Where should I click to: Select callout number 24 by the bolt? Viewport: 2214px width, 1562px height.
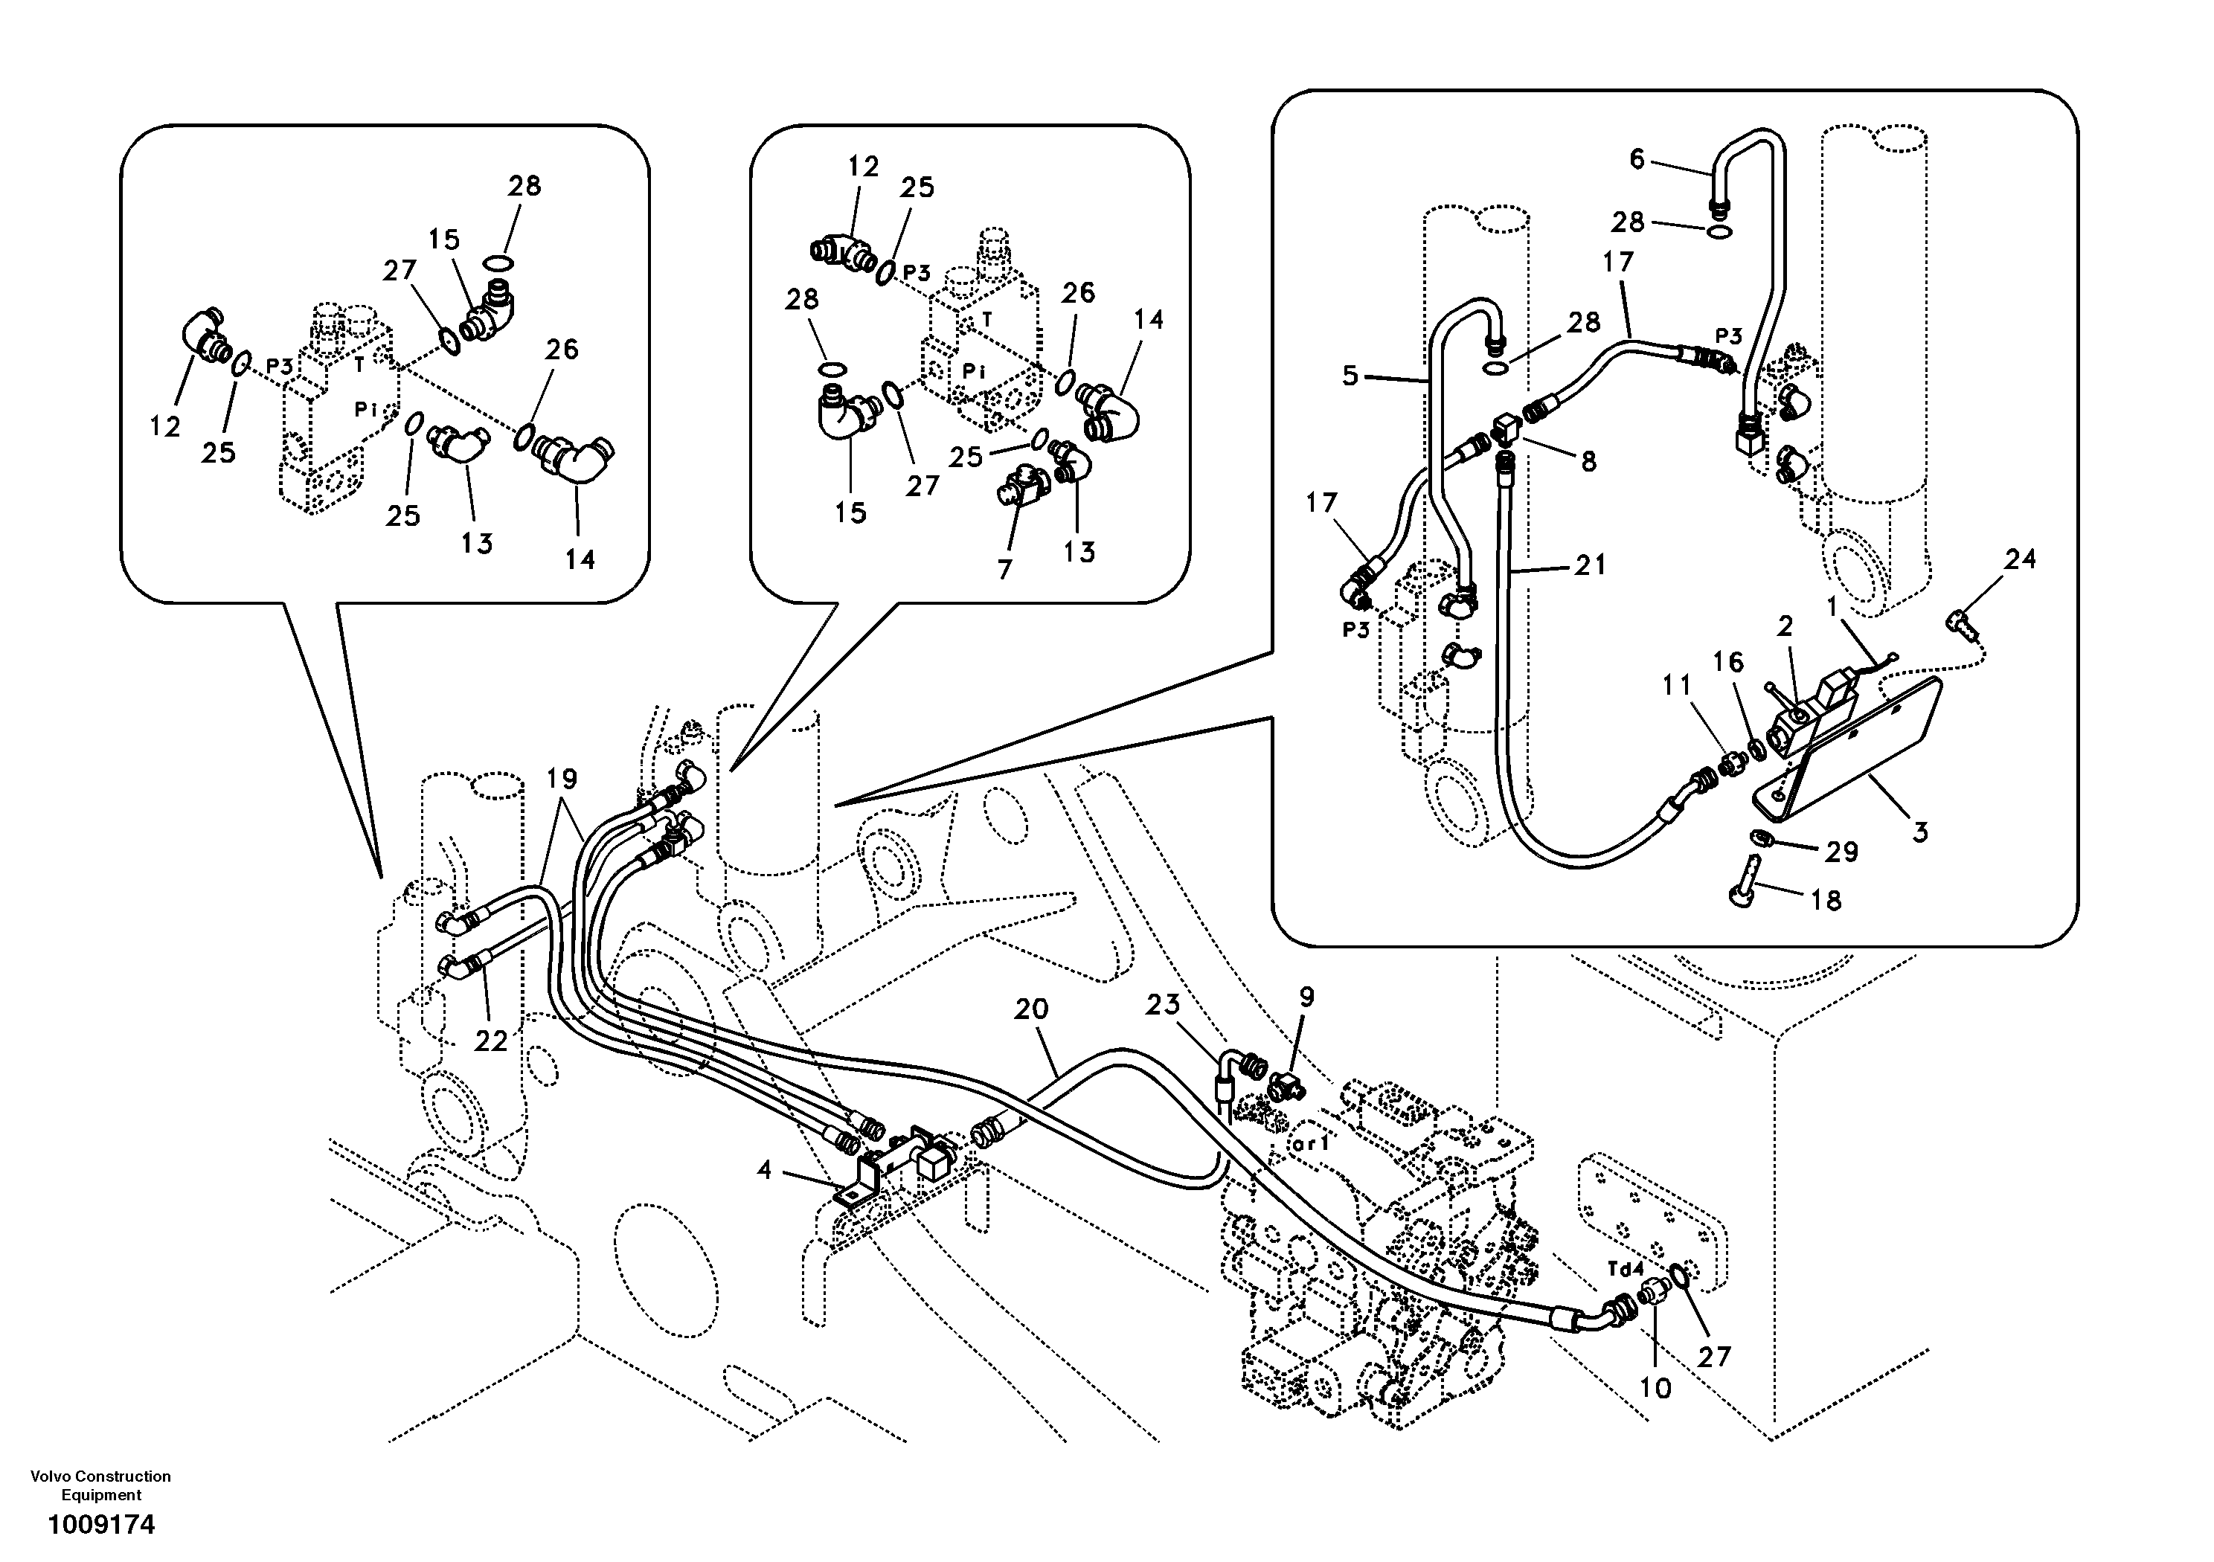[x=2020, y=559]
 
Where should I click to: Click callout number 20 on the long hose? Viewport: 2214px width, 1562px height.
[x=1031, y=1009]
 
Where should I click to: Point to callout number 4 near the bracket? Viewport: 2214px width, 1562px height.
[x=765, y=1171]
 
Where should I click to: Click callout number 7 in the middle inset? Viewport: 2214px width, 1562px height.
[x=1005, y=570]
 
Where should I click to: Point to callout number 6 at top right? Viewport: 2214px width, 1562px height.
[x=1637, y=159]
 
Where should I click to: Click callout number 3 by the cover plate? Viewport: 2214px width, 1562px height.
[x=1920, y=831]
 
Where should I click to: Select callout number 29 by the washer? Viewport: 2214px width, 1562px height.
[x=1841, y=852]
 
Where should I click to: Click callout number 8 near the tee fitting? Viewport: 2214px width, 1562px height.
[x=1588, y=462]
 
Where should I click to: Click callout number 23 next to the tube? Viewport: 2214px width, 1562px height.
[x=1163, y=1006]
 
